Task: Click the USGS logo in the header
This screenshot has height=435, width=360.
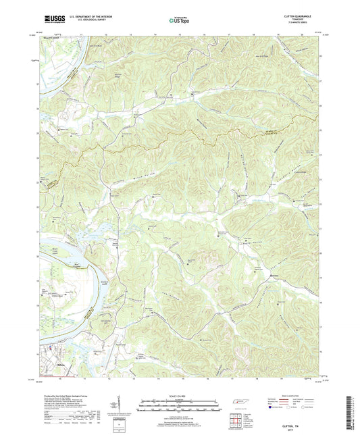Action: (51, 19)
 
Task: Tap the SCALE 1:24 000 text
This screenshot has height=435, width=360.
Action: (180, 395)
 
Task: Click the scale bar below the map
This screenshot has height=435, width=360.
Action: (180, 403)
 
